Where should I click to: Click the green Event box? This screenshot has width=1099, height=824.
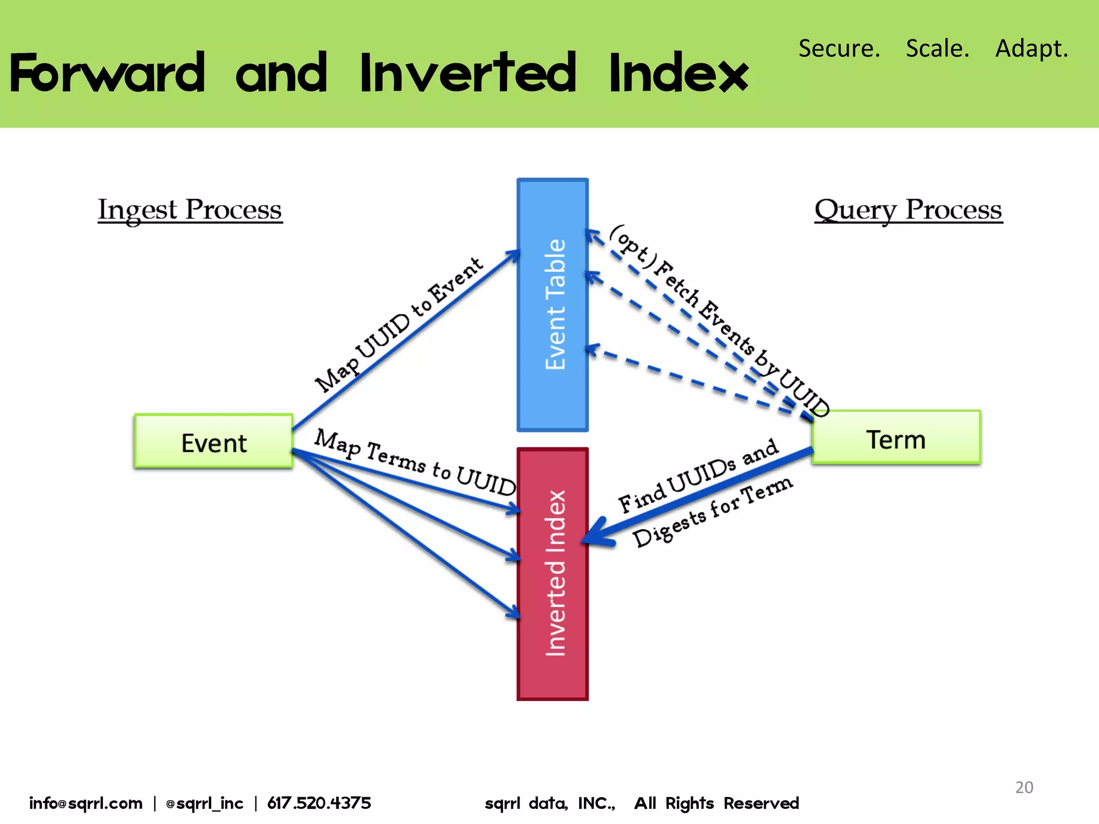[x=214, y=442]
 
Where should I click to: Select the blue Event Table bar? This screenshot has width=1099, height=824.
[x=553, y=305]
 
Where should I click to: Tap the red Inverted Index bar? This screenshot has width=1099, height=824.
[x=553, y=574]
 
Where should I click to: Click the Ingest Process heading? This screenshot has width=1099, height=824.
[x=190, y=210]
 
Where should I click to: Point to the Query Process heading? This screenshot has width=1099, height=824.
[x=908, y=210]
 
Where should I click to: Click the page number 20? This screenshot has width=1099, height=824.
[x=1024, y=787]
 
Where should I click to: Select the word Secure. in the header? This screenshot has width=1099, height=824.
[x=839, y=48]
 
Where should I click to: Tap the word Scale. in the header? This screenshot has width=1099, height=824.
[x=937, y=48]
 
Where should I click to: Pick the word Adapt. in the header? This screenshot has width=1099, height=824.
[x=1031, y=48]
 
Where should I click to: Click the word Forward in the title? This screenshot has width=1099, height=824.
[x=107, y=73]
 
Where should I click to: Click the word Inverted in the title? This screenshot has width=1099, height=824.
[x=468, y=73]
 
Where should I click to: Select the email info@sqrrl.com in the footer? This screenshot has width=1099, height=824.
[x=86, y=803]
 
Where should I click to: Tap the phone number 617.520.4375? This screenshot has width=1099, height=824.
[x=319, y=803]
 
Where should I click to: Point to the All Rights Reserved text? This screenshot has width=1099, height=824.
[x=716, y=803]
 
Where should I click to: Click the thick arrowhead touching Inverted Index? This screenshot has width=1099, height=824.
[x=597, y=534]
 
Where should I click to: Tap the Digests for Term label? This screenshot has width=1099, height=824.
[x=712, y=512]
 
